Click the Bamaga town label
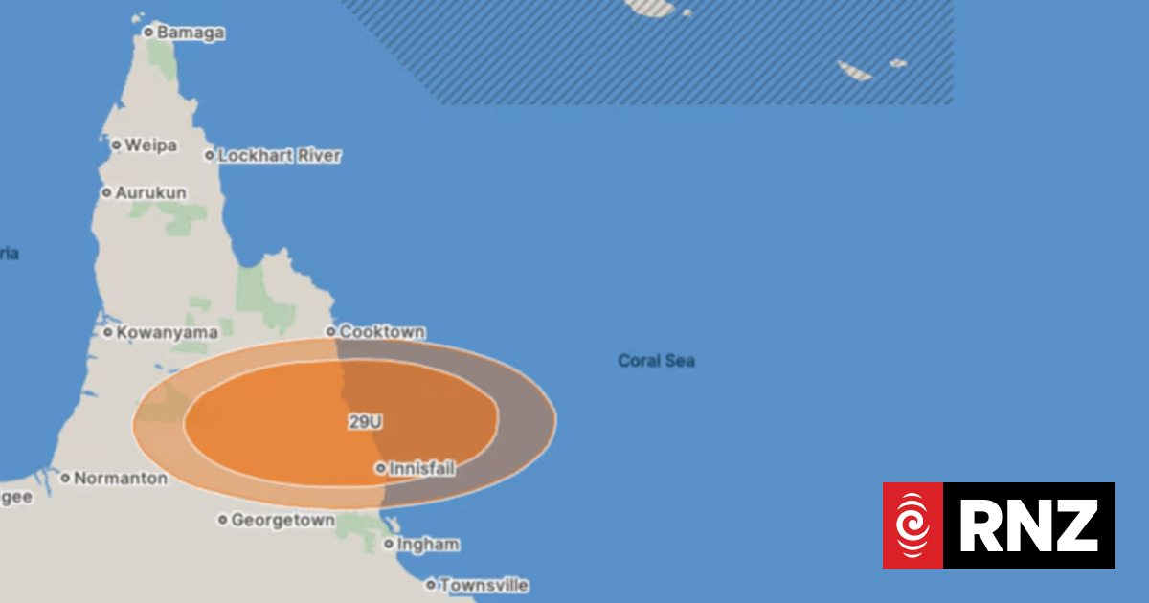(191, 33)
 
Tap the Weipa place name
(151, 145)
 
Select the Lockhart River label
(279, 155)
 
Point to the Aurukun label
(150, 192)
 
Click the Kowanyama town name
(167, 333)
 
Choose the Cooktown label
(382, 332)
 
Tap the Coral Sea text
(656, 361)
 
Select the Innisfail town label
(421, 469)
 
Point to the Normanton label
(120, 478)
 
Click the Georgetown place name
(282, 521)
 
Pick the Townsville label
(484, 585)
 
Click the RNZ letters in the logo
(1028, 525)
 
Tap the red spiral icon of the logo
(913, 525)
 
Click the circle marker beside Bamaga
(148, 33)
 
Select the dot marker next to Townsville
(431, 584)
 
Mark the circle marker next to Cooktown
(331, 332)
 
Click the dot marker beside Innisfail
(380, 469)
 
